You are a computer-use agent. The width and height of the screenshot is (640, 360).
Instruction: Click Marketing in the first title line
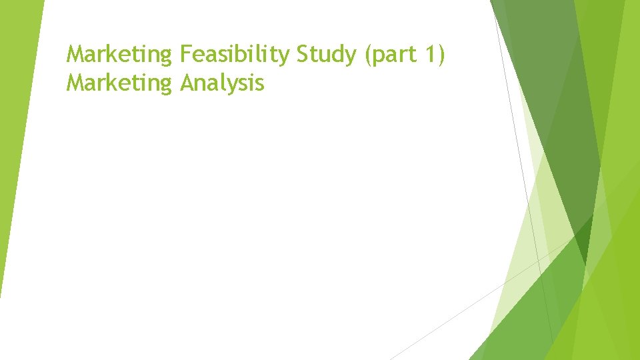click(x=119, y=54)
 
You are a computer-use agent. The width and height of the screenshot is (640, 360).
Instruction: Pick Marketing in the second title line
click(x=119, y=83)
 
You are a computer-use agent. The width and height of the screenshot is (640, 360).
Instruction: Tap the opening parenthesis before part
click(x=368, y=54)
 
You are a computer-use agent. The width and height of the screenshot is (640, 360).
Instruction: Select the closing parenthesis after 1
click(x=441, y=54)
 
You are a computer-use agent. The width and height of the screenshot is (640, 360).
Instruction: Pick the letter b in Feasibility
click(x=245, y=53)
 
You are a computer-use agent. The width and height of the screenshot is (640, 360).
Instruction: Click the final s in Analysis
click(x=260, y=85)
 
